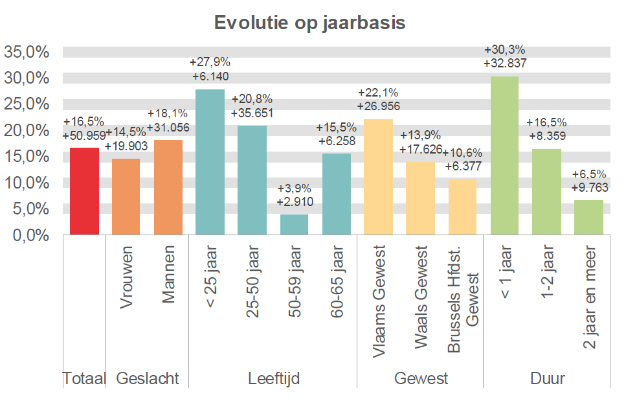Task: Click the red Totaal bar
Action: click(84, 191)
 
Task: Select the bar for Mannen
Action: click(168, 187)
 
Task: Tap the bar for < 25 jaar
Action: click(210, 162)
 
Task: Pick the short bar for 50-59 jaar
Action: click(295, 224)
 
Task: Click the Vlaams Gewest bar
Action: click(379, 177)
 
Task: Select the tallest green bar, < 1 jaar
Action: click(505, 155)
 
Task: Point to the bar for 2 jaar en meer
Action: click(589, 217)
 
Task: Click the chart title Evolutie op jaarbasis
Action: click(309, 23)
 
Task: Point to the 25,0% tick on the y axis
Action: click(27, 104)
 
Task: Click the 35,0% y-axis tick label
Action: click(27, 52)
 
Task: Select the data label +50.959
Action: click(84, 136)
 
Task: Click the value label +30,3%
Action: click(504, 50)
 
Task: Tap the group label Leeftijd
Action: click(274, 378)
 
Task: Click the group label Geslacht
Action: click(147, 378)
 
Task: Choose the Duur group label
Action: click(546, 378)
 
